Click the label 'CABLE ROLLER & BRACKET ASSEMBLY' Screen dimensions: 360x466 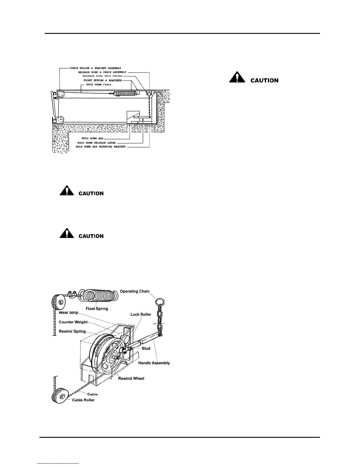click(x=95, y=68)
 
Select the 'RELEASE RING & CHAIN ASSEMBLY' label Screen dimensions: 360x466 click(x=102, y=72)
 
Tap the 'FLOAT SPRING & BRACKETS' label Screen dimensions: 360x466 click(x=103, y=80)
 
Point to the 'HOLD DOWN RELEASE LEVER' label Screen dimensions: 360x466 click(x=94, y=143)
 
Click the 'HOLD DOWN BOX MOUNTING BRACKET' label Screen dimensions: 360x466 click(x=101, y=147)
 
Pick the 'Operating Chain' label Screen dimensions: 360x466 click(x=135, y=291)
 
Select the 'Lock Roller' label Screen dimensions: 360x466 click(x=141, y=314)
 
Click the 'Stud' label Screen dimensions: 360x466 click(x=146, y=348)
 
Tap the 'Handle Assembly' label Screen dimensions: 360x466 click(x=154, y=363)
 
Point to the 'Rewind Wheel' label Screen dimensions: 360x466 click(x=131, y=378)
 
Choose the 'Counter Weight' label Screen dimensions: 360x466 click(x=73, y=322)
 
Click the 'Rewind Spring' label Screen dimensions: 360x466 click(x=72, y=331)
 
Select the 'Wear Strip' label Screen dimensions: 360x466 click(x=69, y=312)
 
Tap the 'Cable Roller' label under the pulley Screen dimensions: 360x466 click(x=83, y=400)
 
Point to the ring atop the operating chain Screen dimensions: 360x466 click(x=160, y=302)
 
